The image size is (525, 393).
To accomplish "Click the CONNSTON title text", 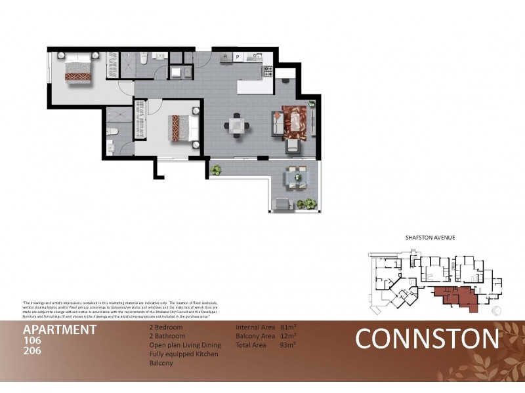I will tap(427, 339).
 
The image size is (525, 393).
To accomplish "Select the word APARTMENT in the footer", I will tap(60, 329).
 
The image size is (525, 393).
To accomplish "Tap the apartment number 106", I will tap(32, 341).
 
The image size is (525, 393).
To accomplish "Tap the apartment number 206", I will tap(32, 352).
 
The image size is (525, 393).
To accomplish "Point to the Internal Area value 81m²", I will tap(287, 326).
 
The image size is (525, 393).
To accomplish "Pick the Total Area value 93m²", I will tap(287, 345).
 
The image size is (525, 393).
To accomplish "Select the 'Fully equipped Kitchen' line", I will tap(184, 354).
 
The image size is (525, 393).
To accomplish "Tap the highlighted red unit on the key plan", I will tap(453, 295).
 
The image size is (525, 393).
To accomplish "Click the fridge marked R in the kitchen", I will tap(225, 57).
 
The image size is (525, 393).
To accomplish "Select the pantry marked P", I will tap(237, 57).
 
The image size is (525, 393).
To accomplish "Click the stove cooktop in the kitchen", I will tap(267, 69).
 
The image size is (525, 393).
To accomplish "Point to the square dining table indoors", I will tap(236, 124).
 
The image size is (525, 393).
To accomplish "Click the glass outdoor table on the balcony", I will tap(296, 176).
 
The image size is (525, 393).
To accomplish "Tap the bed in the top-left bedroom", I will tap(79, 67).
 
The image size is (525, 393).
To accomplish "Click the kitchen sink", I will tap(253, 58).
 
